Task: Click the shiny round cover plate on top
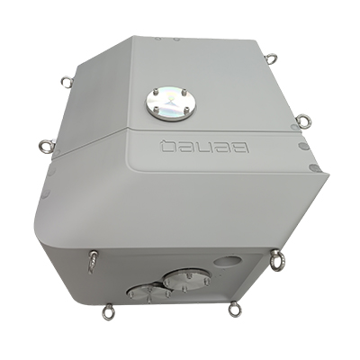(x=170, y=103)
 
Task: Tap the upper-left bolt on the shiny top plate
(x=157, y=91)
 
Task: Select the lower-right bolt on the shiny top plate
(x=186, y=109)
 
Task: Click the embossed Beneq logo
(x=205, y=147)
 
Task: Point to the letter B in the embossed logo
(x=241, y=148)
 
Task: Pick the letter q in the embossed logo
(x=167, y=147)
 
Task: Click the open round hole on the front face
(x=228, y=261)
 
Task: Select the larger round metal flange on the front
(x=186, y=280)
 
